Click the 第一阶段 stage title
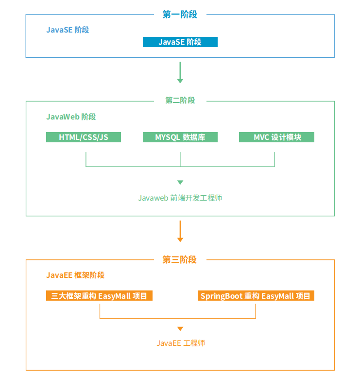click(180, 15)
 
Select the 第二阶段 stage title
click(180, 101)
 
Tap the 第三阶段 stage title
click(180, 260)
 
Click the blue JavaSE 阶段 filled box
click(180, 42)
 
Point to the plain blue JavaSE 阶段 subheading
click(68, 30)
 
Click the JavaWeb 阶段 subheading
click(71, 117)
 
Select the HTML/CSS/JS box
click(84, 137)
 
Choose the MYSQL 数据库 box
click(180, 137)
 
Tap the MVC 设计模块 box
click(276, 137)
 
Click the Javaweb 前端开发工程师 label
click(180, 198)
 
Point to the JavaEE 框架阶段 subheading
click(75, 275)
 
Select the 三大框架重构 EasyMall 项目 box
click(99, 296)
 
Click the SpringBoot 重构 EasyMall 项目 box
click(256, 296)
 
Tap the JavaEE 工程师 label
click(180, 343)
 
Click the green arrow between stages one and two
click(180, 72)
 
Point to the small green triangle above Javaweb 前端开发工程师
click(180, 183)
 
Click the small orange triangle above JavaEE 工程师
click(180, 329)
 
